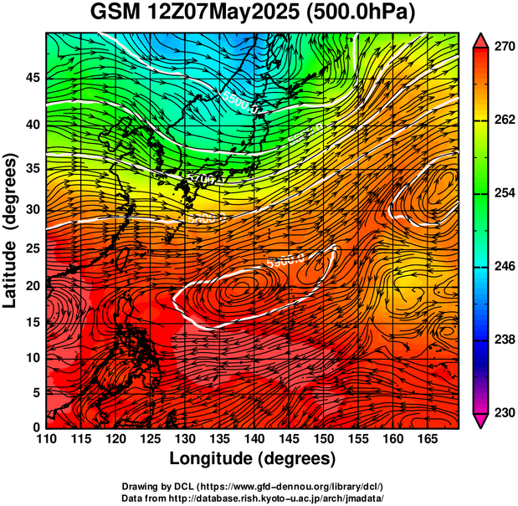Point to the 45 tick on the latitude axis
[31, 78]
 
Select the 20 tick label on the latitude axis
[31, 285]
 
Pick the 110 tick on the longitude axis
[46, 440]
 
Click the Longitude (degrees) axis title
[253, 458]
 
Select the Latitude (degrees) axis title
[11, 229]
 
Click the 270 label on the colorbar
[503, 47]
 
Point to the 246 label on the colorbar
[503, 266]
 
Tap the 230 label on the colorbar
[503, 412]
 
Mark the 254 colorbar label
[503, 193]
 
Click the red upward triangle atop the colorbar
[480, 39]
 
